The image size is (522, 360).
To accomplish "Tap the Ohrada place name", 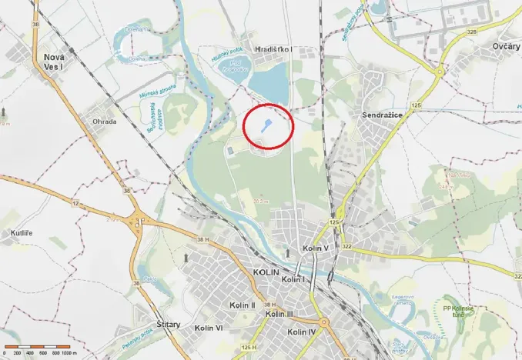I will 105,121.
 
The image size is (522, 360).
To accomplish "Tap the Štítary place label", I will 168,324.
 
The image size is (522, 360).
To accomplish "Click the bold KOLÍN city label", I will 266,272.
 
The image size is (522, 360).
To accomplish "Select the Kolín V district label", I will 315,248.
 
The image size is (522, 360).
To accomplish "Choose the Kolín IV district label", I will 301,332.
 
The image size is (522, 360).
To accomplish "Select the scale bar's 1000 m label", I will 70,353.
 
